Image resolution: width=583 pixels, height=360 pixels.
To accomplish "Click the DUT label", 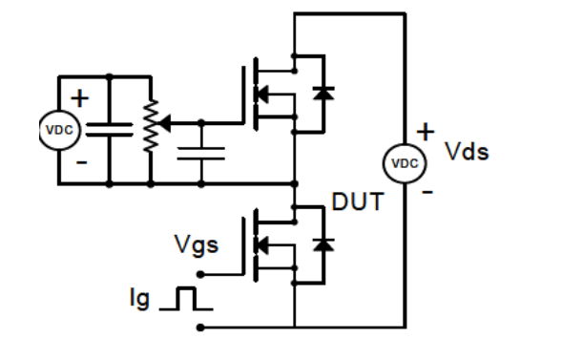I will tap(357, 202).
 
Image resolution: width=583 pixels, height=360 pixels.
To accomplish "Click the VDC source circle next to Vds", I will tap(405, 163).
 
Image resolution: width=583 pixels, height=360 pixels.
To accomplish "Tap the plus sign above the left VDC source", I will tap(79, 97).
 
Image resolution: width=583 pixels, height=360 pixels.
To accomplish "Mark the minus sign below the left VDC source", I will tap(81, 162).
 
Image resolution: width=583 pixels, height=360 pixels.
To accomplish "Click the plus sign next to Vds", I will tap(426, 130).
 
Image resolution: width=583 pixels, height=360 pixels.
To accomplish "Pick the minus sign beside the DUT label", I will tap(427, 191).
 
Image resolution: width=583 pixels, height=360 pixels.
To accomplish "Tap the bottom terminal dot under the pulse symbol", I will tap(201, 328).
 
